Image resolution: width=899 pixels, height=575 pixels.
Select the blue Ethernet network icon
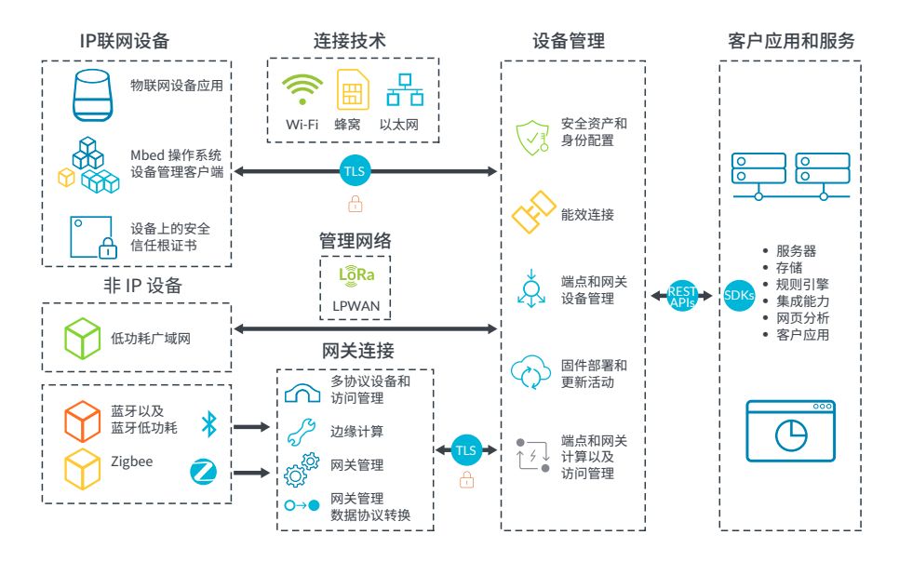405,90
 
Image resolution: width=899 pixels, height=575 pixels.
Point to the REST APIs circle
682,296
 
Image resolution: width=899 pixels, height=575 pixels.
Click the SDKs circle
739,295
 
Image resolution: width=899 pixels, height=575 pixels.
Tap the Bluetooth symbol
208,425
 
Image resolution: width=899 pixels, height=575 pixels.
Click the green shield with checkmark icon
533,137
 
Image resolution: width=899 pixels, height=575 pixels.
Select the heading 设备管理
569,41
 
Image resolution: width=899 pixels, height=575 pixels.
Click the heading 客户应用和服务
791,41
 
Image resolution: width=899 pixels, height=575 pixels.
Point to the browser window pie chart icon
791,431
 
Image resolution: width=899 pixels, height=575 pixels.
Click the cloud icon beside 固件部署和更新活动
532,373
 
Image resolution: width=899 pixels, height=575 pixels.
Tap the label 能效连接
587,215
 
